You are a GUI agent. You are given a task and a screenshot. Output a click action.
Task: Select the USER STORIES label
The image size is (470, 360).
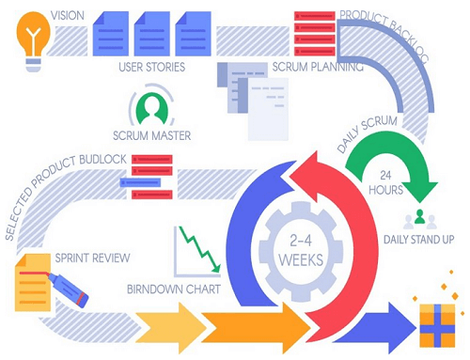151,68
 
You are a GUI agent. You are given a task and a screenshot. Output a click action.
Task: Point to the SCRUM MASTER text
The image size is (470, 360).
151,136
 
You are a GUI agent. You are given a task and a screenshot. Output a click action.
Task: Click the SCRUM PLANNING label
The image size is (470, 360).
315,68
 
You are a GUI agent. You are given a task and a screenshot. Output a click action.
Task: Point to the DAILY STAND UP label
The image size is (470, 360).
418,242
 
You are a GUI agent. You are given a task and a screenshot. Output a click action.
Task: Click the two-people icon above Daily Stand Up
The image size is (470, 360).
419,219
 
